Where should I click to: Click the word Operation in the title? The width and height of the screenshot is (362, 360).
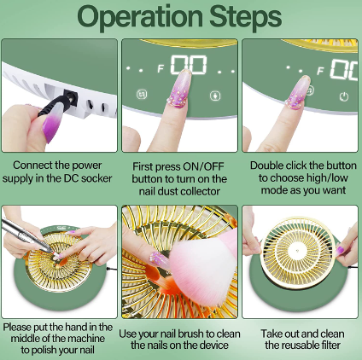pyautogui.click(x=140, y=17)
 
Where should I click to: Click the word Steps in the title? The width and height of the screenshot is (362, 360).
pyautogui.click(x=245, y=17)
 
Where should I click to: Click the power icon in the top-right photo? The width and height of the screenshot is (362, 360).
pyautogui.click(x=344, y=96)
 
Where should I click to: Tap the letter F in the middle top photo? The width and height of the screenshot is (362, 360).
pyautogui.click(x=161, y=68)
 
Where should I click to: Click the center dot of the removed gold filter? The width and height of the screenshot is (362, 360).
pyautogui.click(x=298, y=251)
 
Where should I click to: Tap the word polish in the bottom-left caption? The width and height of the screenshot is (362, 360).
pyautogui.click(x=46, y=350)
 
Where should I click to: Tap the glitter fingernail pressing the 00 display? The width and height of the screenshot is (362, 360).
pyautogui.click(x=180, y=89)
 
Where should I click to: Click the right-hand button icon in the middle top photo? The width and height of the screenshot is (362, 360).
pyautogui.click(x=215, y=96)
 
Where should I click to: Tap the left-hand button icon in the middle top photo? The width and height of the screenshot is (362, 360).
pyautogui.click(x=142, y=94)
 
